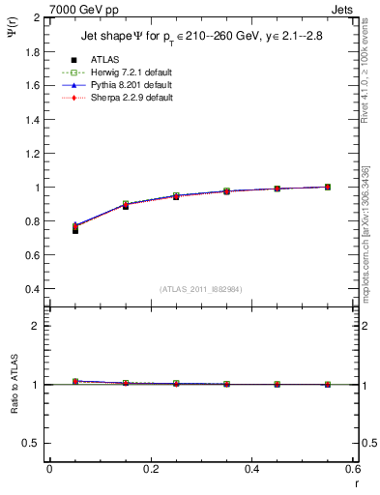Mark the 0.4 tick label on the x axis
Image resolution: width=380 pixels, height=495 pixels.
(x=251, y=468)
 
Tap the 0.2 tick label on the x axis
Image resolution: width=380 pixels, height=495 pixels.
(x=150, y=468)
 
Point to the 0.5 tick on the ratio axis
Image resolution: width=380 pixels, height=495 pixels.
(x=32, y=443)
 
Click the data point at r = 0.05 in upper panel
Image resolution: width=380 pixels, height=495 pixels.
(x=75, y=230)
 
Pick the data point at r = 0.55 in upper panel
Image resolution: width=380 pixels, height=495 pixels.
(x=328, y=187)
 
